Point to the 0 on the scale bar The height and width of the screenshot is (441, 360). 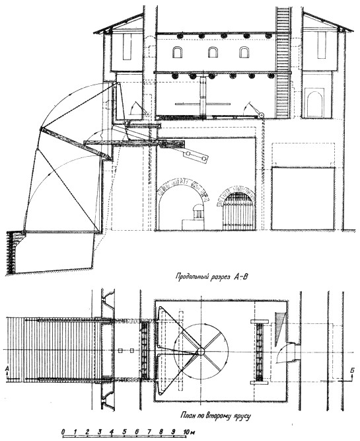click(63, 431)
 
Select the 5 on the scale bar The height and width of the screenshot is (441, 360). click(124, 431)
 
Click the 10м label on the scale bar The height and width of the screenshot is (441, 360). click(188, 431)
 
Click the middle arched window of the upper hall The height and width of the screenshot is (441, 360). click(213, 52)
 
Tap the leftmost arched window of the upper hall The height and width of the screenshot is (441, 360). click(177, 52)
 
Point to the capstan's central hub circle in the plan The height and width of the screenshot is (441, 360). click(201, 351)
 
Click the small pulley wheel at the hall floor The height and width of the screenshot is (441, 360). click(262, 115)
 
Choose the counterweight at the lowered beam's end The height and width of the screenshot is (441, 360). click(196, 156)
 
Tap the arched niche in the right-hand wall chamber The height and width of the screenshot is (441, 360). click(315, 104)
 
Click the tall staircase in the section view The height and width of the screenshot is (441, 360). click(283, 62)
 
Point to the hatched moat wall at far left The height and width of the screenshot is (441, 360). click(11, 252)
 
